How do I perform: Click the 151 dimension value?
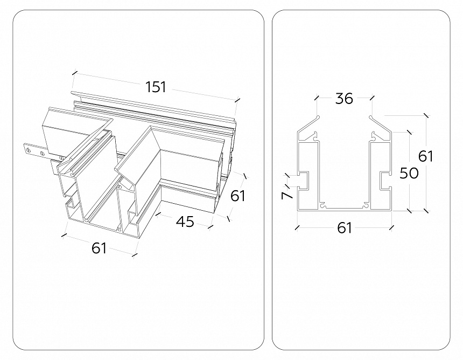pos(156,87)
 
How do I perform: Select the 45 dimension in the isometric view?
pos(185,221)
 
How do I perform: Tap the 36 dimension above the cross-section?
pos(345,99)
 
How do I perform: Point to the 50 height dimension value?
pos(409,173)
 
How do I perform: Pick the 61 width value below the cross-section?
pos(345,228)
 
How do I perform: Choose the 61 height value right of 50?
pos(426,156)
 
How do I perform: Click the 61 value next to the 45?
pos(238,196)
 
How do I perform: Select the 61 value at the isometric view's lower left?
pos(99,248)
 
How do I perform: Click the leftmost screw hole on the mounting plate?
pos(29,150)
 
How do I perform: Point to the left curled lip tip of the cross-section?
pos(318,117)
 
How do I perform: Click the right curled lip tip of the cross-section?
pos(371,117)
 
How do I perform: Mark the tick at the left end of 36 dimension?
pos(317,97)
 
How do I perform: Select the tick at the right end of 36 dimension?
pos(372,97)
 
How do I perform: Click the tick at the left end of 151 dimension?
pos(75,72)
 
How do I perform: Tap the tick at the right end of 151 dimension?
pos(237,100)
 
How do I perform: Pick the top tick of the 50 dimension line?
pos(409,132)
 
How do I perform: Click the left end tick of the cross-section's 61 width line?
pos(297,227)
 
